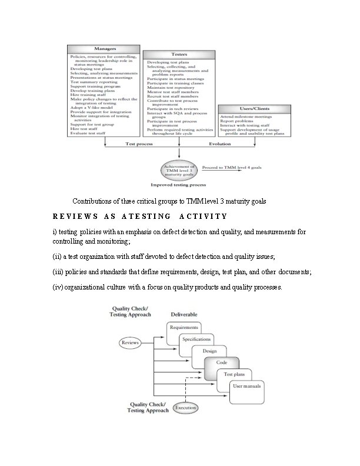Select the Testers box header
point(179,54)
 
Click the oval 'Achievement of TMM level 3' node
point(179,171)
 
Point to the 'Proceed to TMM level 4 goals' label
point(232,167)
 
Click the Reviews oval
point(130,342)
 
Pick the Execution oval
point(186,407)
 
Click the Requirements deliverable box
point(184,327)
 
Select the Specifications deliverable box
point(197,339)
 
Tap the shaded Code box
point(221,362)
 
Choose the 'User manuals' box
point(247,387)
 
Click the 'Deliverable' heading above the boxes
point(184,314)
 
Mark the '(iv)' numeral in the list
point(57,287)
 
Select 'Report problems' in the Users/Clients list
point(236,123)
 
